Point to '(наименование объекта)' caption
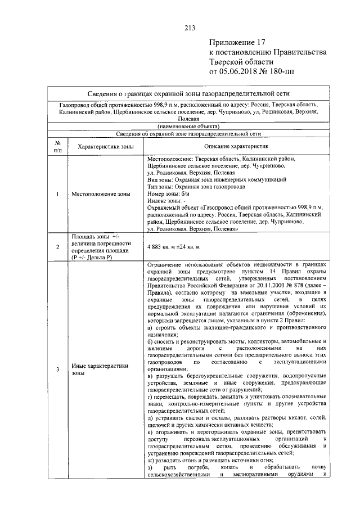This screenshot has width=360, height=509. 190,127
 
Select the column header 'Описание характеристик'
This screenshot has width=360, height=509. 235,146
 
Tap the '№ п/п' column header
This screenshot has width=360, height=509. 58,146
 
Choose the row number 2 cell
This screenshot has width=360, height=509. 58,247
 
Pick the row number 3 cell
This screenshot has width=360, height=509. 58,369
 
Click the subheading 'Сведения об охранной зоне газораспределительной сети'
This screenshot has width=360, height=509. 190,134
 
